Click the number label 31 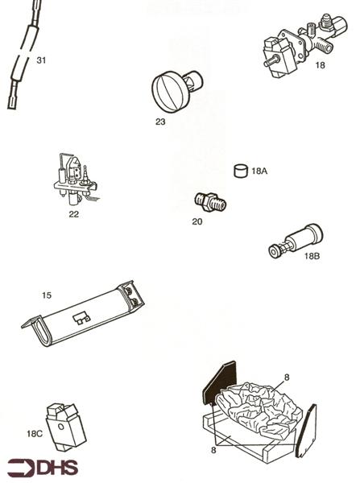coord(42,60)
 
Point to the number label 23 coord(160,122)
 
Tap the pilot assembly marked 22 coord(75,182)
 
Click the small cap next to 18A coord(239,171)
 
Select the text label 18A coord(260,171)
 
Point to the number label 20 coord(197,221)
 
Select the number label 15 coord(47,295)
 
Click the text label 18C coord(34,434)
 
